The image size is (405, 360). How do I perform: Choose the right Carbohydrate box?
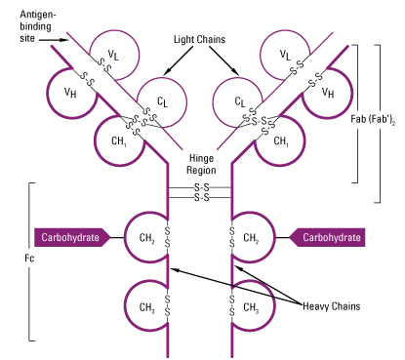coord(327,237)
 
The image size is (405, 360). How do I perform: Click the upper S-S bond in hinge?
coord(200,187)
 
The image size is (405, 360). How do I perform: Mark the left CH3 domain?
coord(146,306)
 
